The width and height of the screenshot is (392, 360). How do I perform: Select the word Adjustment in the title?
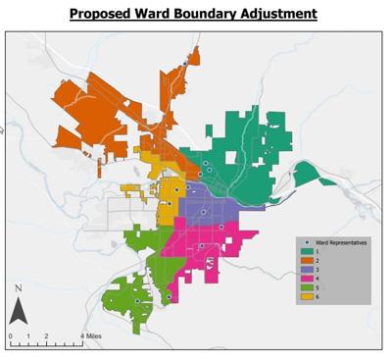coord(281,14)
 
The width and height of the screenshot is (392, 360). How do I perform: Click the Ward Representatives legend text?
coord(339,242)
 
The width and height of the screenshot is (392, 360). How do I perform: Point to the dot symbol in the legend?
coord(306,242)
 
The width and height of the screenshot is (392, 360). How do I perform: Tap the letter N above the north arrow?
coord(18,288)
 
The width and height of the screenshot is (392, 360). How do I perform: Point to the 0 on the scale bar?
coord(10,336)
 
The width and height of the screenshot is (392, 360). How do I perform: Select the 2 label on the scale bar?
coord(46,336)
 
